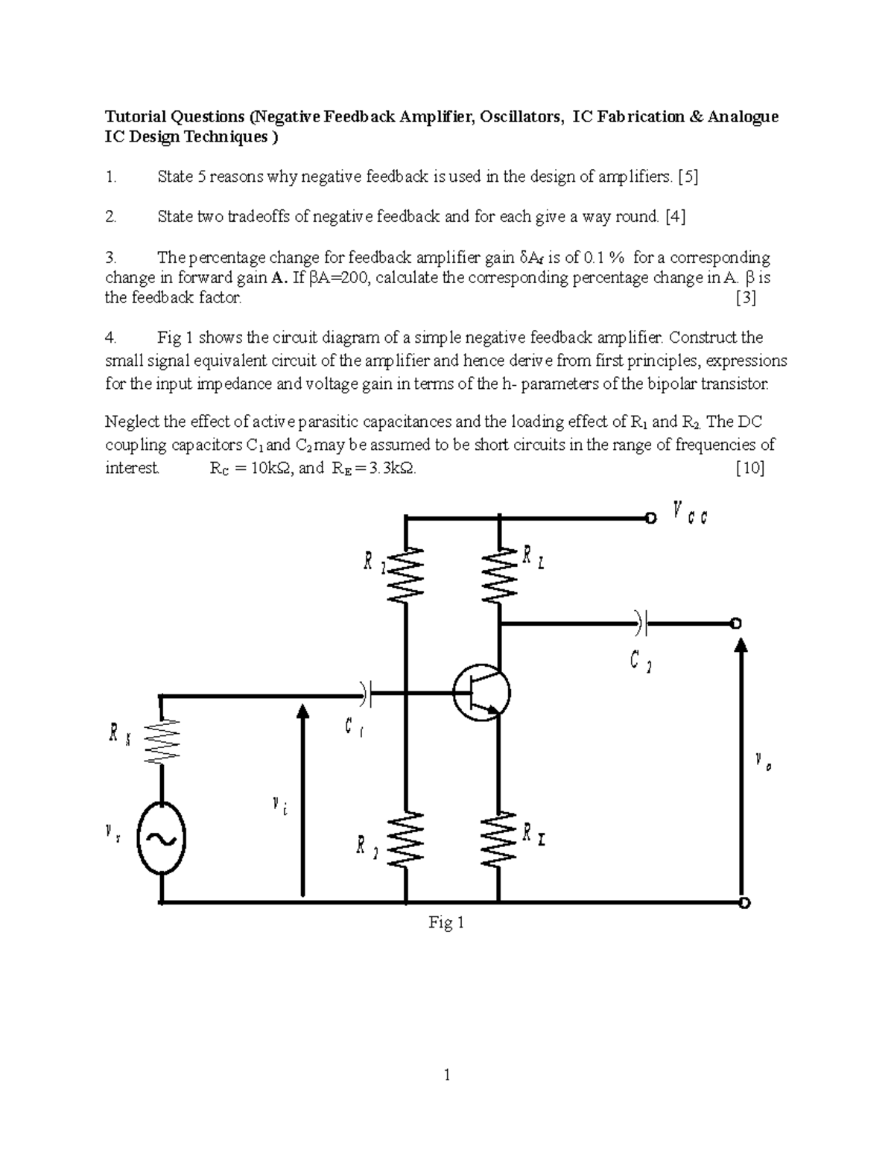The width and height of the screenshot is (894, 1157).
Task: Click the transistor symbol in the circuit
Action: point(481,693)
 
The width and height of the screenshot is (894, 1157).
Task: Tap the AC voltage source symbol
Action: point(161,839)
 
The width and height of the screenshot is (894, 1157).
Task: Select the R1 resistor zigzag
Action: point(406,574)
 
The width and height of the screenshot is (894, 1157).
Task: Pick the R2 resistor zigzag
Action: point(406,839)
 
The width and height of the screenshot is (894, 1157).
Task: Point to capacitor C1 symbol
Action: point(366,694)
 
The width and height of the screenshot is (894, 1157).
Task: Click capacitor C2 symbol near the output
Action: point(641,622)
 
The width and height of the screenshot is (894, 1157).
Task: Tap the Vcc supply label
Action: point(689,513)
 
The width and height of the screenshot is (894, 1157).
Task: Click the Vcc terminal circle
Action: point(651,518)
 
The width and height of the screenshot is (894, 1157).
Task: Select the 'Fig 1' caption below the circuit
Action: point(446,923)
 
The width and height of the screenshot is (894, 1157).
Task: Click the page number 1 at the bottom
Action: point(447,1074)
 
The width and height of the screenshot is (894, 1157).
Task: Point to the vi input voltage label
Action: point(279,805)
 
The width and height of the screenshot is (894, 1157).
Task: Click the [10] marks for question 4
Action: point(749,469)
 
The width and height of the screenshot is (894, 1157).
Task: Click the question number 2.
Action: point(110,217)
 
